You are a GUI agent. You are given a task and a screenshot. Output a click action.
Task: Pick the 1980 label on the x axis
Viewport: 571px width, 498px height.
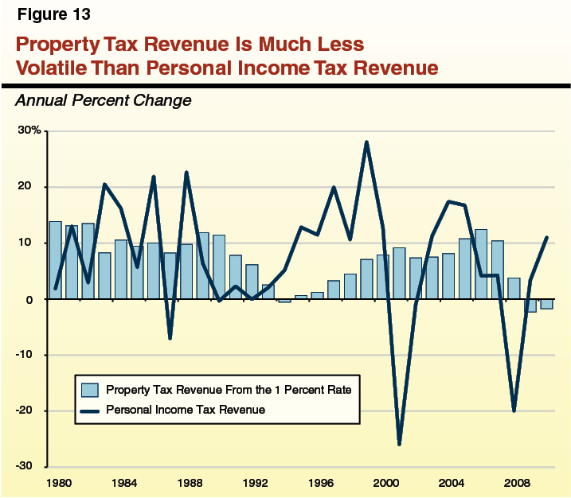pyautogui.click(x=56, y=482)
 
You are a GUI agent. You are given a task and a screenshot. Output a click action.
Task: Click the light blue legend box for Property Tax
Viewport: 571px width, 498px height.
pyautogui.click(x=89, y=390)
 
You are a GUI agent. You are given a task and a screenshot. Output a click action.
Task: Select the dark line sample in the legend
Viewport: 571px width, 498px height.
pyautogui.click(x=89, y=409)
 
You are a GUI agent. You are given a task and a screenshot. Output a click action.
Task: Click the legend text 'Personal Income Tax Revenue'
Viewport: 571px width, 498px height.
pyautogui.click(x=185, y=409)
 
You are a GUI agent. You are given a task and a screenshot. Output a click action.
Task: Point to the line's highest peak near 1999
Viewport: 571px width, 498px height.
pyautogui.click(x=366, y=142)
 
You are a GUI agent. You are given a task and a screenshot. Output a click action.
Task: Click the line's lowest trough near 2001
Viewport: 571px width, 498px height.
pyautogui.click(x=399, y=444)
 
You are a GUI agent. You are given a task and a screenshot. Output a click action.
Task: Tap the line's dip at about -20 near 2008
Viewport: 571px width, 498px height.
pyautogui.click(x=514, y=410)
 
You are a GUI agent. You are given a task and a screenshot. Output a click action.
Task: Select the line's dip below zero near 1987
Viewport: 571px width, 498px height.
pyautogui.click(x=170, y=338)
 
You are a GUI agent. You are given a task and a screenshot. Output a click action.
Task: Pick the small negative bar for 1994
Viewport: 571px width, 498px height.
pyautogui.click(x=284, y=301)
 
